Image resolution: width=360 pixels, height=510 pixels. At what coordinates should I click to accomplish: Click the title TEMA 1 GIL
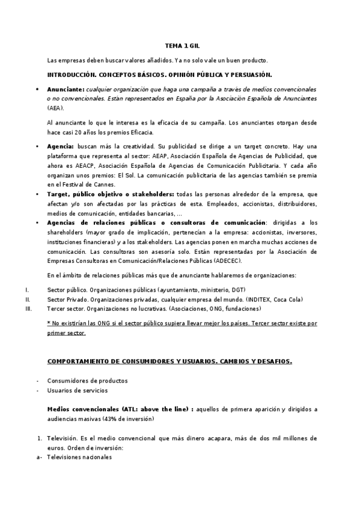click(179, 46)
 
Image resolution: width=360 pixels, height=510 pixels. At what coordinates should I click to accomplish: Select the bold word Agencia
click(60, 146)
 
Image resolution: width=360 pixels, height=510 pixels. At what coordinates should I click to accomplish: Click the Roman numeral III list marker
click(28, 309)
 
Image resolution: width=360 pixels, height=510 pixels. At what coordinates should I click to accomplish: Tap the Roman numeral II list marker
click(28, 299)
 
